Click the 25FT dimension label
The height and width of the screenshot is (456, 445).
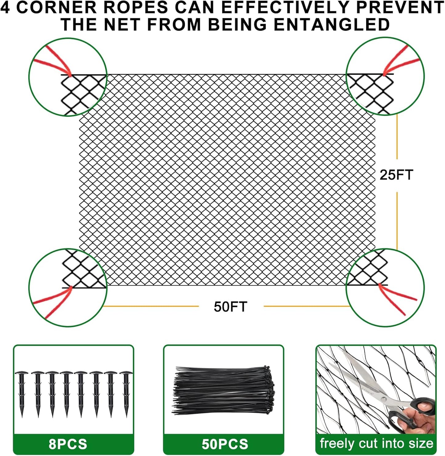396,175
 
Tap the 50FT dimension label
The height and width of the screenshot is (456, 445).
230,307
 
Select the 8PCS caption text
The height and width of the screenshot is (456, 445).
68,444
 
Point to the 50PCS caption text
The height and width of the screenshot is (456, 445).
225,444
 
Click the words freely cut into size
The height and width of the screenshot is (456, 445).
376,443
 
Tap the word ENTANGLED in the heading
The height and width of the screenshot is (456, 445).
332,25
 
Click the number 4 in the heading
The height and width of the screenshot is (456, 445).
5,7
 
